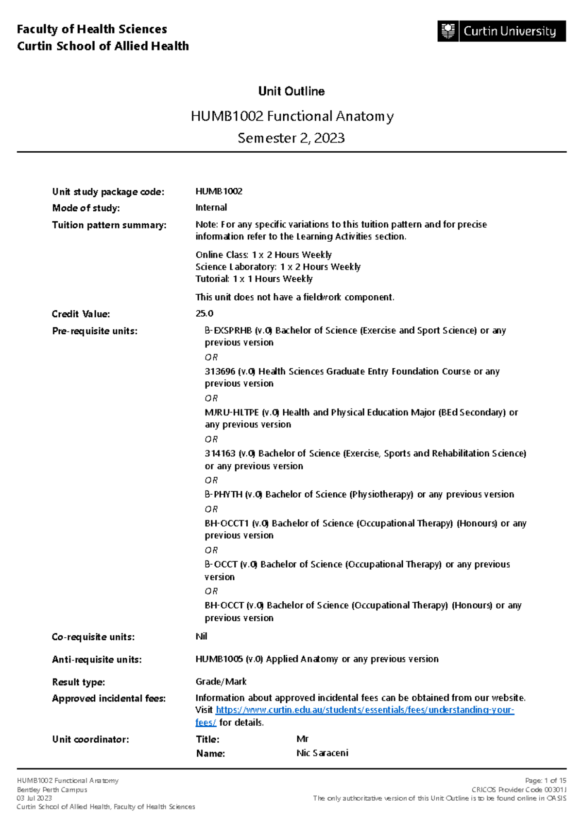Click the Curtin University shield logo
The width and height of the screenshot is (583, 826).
point(448,31)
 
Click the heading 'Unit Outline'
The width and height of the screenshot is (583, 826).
point(291,91)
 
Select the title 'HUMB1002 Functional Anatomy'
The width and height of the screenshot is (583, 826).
point(291,116)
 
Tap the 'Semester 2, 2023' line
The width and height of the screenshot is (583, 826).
point(291,138)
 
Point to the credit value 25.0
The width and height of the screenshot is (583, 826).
point(205,314)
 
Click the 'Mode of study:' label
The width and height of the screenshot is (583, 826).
point(86,208)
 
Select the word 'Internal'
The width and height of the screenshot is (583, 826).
point(211,208)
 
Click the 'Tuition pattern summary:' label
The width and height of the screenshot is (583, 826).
point(109,225)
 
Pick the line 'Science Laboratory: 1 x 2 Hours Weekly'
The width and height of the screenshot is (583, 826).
point(278,267)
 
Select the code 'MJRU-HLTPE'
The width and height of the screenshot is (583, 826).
point(232,413)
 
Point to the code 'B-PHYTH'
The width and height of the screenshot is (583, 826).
point(223,495)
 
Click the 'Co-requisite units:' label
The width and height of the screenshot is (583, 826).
point(93,637)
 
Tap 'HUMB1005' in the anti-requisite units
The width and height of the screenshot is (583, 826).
point(219,659)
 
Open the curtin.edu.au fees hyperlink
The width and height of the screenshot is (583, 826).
point(364,710)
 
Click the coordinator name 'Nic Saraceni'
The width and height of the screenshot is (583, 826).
point(323,754)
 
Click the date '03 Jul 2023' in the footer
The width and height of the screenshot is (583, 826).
point(34,798)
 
